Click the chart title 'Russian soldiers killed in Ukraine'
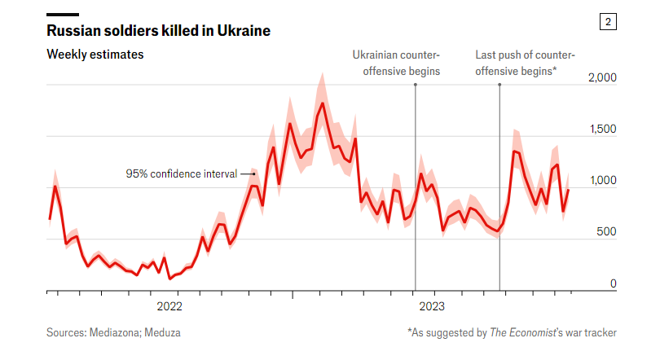[x=159, y=31]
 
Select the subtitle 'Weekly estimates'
[x=95, y=55]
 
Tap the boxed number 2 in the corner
[x=608, y=22]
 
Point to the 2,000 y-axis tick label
[x=602, y=77]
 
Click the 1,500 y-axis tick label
[x=602, y=130]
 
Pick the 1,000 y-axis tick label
[x=602, y=181]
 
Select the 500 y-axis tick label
[x=608, y=232]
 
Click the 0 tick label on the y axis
[x=614, y=283]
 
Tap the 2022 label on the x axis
[x=169, y=307]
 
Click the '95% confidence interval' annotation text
[x=181, y=173]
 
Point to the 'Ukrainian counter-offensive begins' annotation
[x=396, y=63]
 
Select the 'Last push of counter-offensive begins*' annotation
[x=525, y=63]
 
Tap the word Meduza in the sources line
[x=164, y=332]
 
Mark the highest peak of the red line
[x=323, y=103]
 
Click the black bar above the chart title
[x=63, y=14]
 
